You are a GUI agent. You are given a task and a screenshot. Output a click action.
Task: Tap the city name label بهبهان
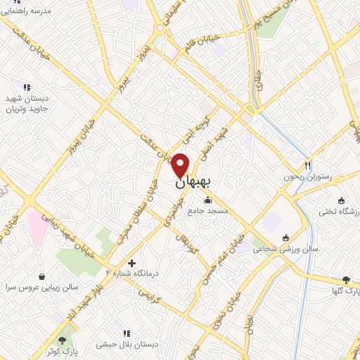pos(191,182)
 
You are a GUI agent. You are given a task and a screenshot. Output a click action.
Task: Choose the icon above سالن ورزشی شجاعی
pos(285,237)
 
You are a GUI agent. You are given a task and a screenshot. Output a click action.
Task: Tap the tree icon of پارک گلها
pos(345,279)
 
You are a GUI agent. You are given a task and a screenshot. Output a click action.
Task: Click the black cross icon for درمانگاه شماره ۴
pos(131,262)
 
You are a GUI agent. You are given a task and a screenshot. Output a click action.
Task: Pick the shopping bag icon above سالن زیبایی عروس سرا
pos(44,276)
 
